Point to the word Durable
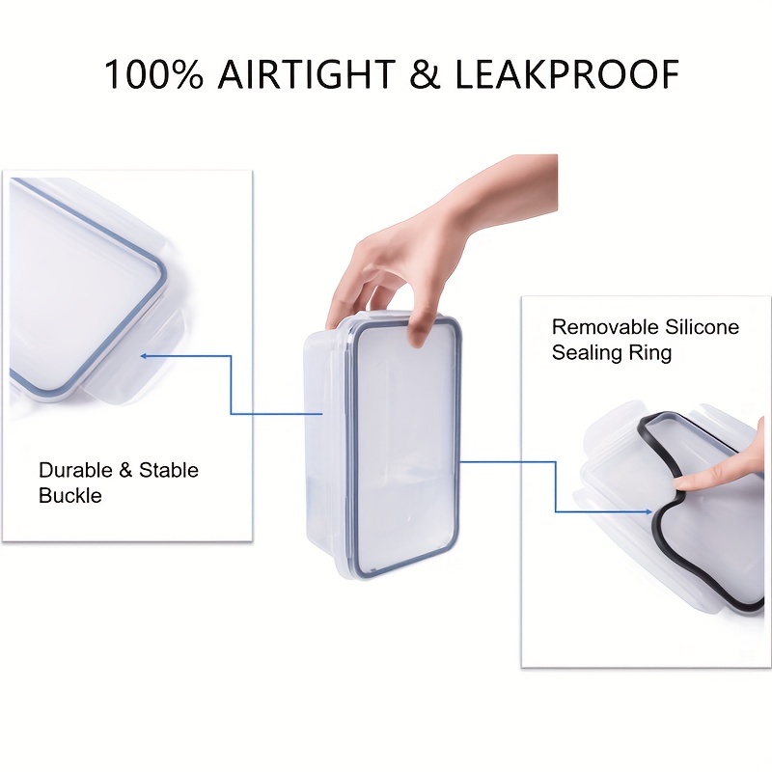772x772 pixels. click(x=73, y=470)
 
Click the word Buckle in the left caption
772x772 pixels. click(x=69, y=495)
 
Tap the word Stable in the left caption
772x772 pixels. click(x=169, y=470)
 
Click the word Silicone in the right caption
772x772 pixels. click(x=699, y=327)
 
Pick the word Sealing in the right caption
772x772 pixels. click(x=586, y=352)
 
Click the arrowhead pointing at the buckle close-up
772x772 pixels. click(x=145, y=356)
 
